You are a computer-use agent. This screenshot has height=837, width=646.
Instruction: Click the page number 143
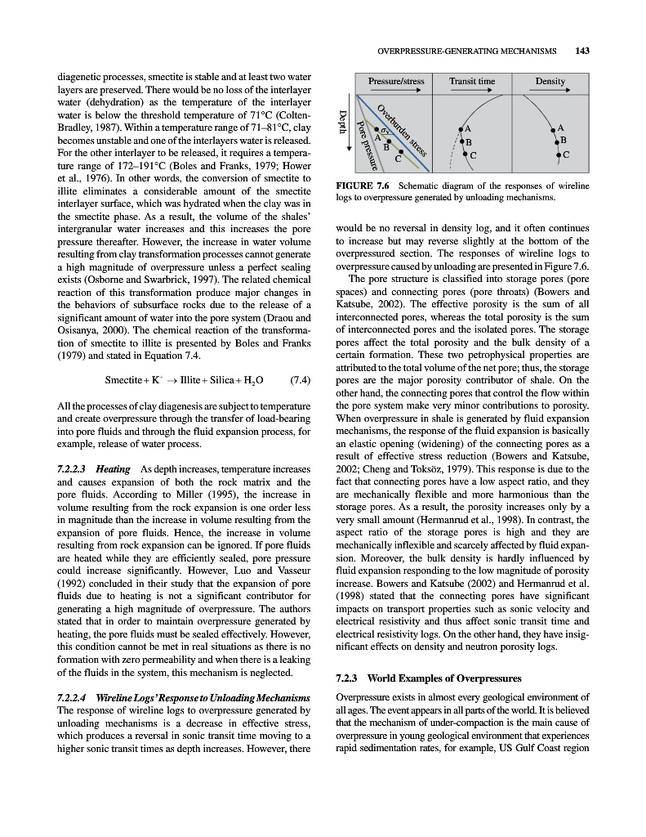582,51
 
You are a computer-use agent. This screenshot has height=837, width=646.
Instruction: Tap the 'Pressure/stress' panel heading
396,82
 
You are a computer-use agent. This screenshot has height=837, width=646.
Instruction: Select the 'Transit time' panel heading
472,82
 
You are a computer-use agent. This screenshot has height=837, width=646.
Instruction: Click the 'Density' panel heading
550,82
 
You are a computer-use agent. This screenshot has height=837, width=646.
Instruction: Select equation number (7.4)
300,381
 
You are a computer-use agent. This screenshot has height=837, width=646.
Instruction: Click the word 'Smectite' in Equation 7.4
125,381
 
